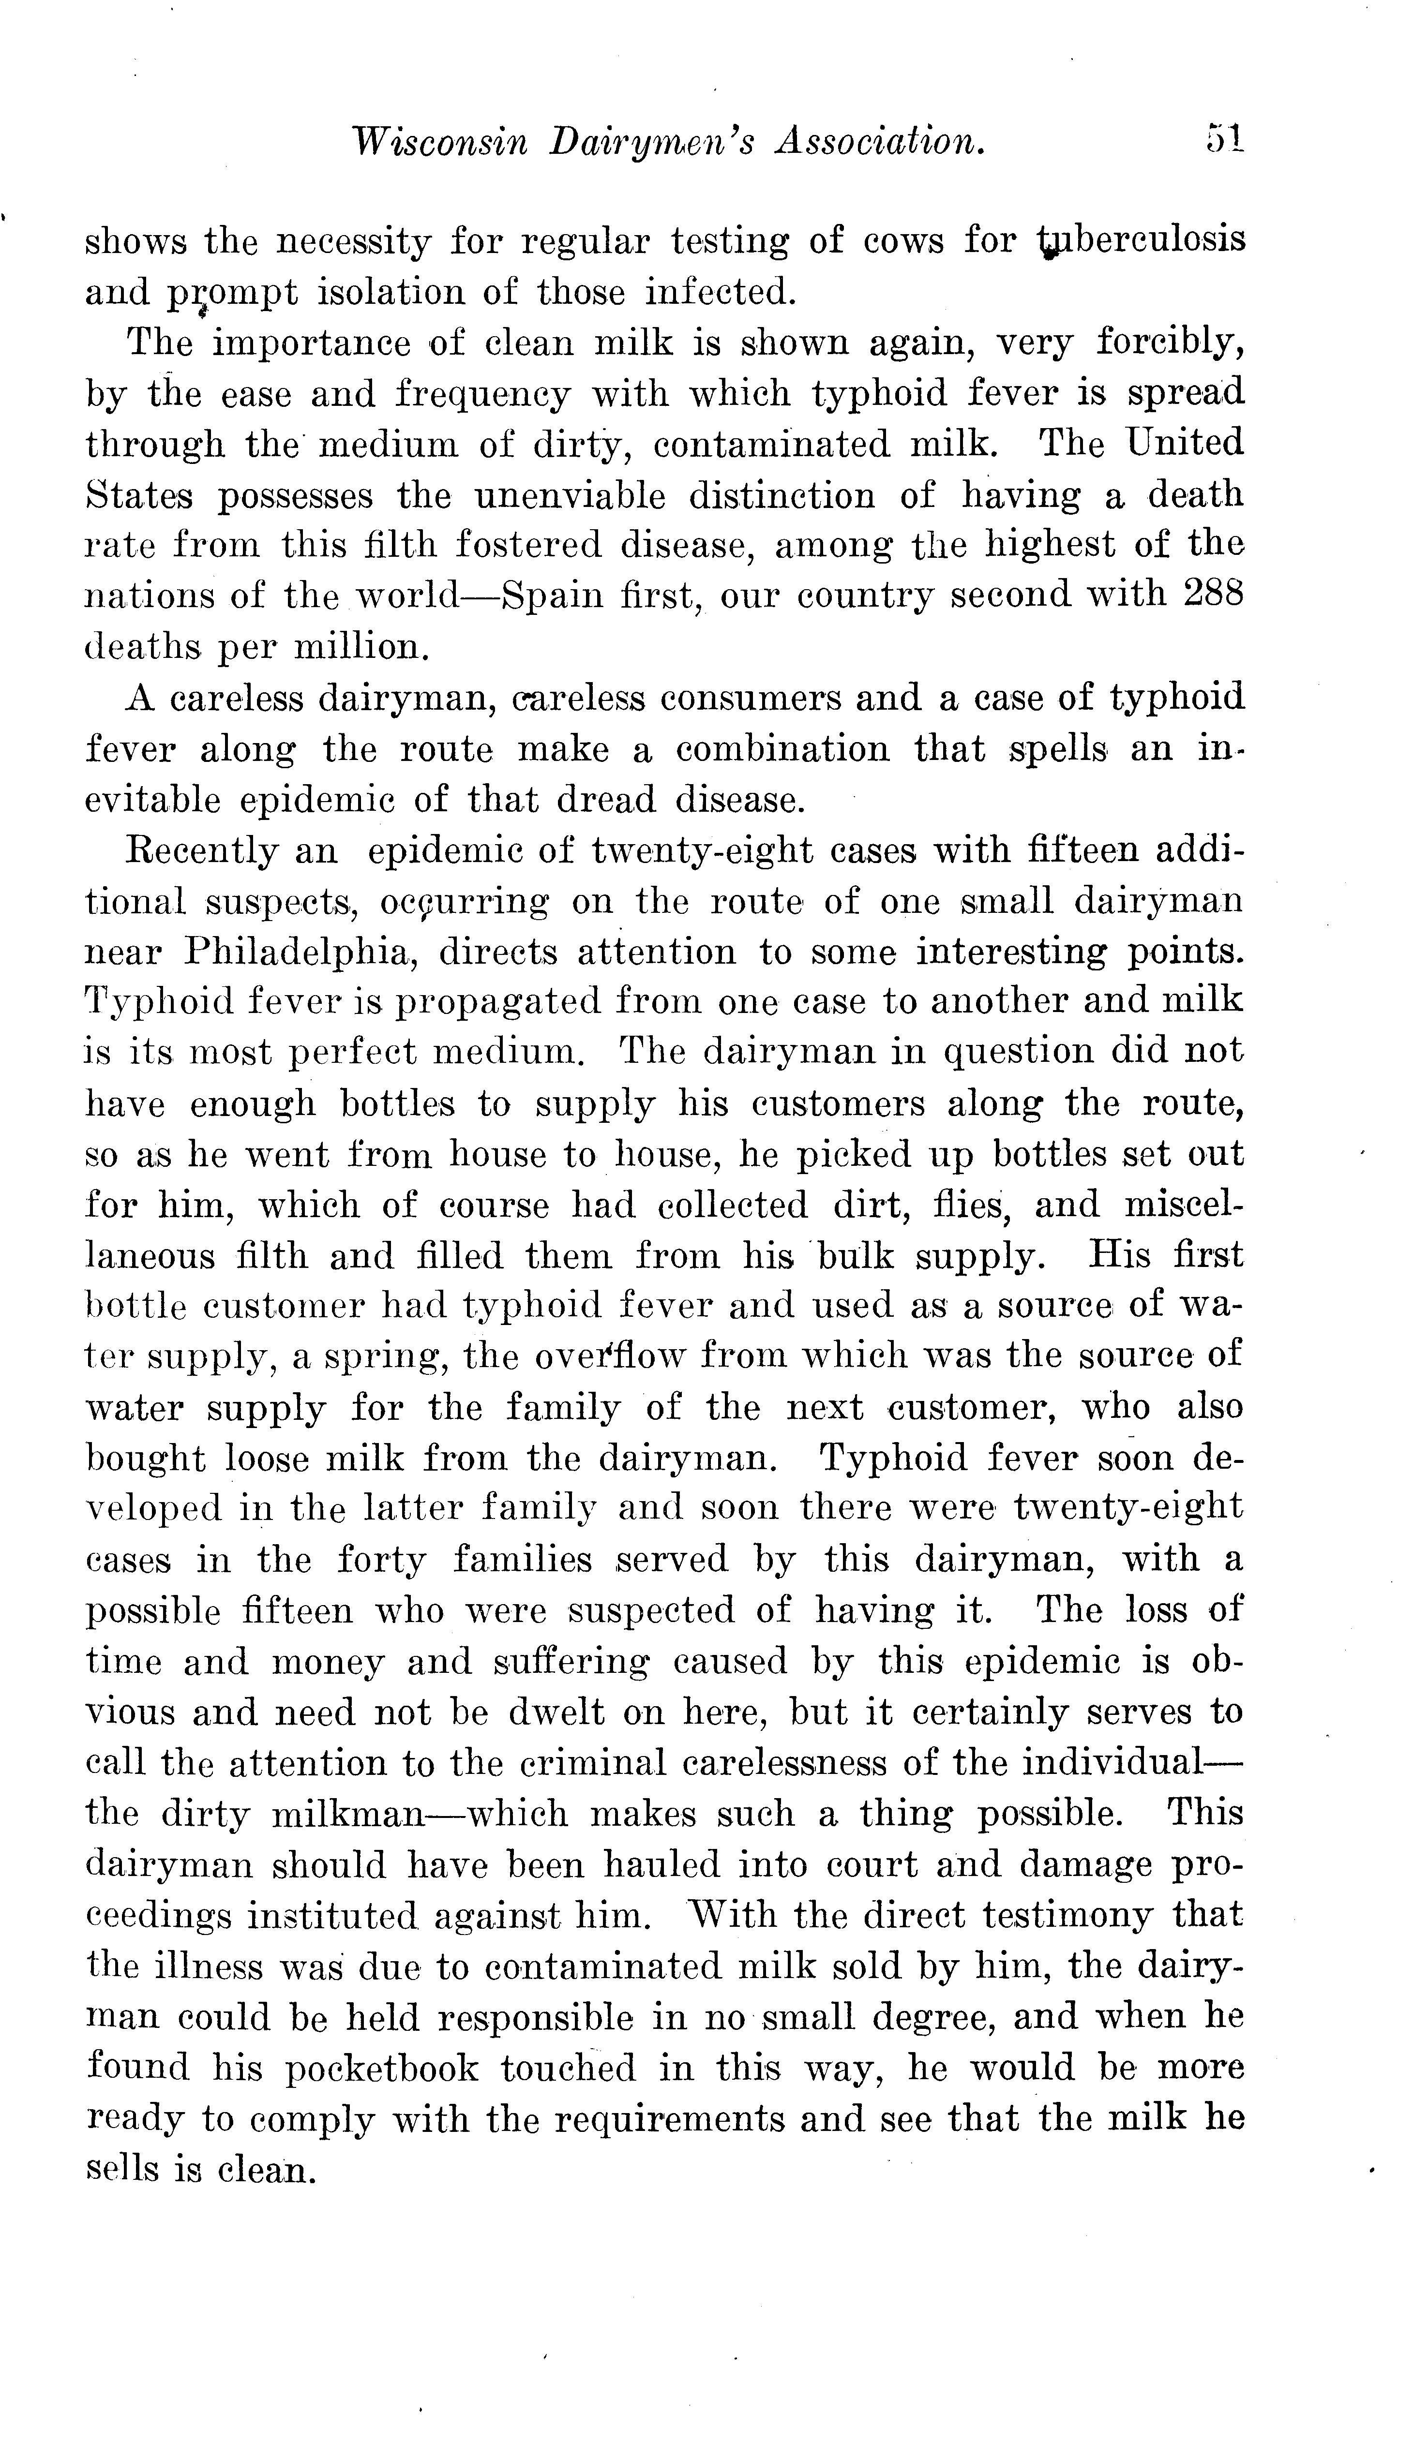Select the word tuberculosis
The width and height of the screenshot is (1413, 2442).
[x=1141, y=240]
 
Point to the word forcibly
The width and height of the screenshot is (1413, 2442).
[x=1171, y=342]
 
